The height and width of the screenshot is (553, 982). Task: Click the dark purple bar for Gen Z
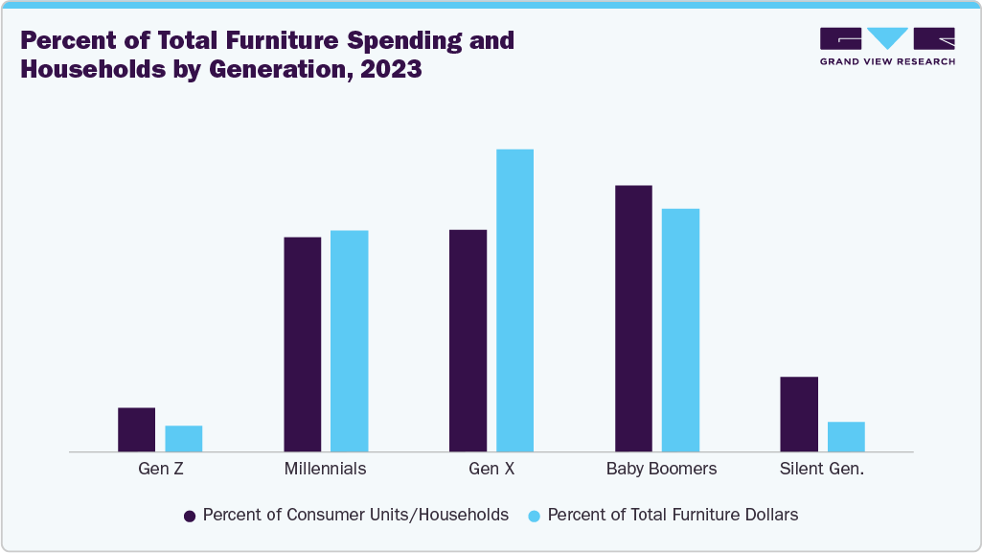coord(136,428)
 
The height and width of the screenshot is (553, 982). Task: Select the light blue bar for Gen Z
coord(184,438)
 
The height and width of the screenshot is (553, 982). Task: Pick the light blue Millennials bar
coord(350,340)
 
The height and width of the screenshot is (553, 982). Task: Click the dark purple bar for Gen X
coord(468,340)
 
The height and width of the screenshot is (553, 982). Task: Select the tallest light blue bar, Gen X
coord(514,300)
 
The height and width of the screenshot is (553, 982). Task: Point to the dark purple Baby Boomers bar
coord(633,317)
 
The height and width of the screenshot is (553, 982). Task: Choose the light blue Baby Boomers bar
coord(680,329)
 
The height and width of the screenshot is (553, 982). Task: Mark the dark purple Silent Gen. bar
coord(799,413)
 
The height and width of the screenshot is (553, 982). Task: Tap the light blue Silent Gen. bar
coord(846,436)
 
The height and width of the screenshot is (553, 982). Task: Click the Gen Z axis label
coord(160,470)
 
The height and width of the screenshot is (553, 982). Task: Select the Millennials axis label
coord(326,470)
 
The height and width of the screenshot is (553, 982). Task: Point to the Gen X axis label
coord(491,470)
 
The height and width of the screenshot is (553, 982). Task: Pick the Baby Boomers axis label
coord(661,470)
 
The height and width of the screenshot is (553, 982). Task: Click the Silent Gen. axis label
coord(822,470)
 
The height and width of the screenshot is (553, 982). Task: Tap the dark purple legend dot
coord(190,516)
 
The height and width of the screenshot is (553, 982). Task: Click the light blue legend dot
coord(535,516)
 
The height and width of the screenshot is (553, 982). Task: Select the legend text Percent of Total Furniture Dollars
coord(673,515)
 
